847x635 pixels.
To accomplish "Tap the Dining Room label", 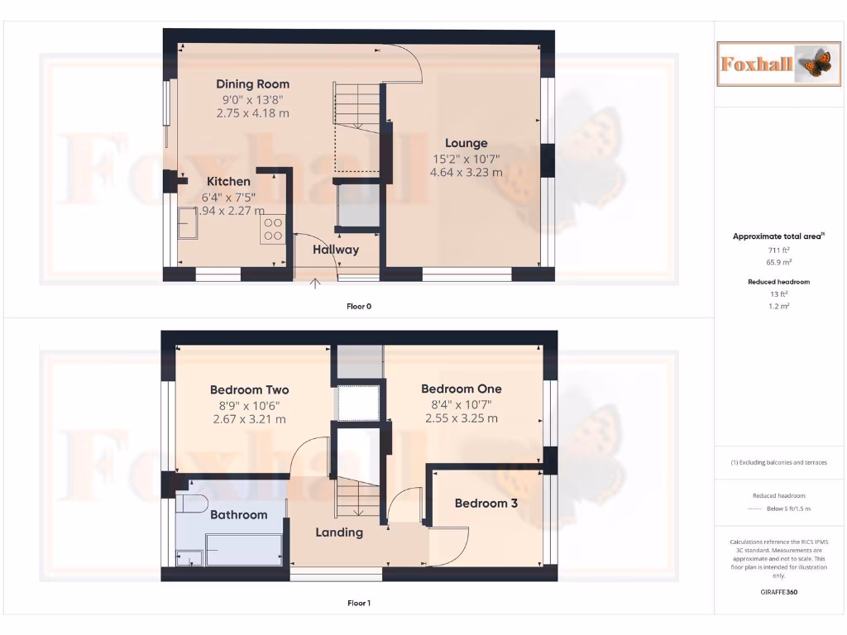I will pyautogui.click(x=252, y=84).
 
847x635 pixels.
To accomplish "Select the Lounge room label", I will pyautogui.click(x=466, y=143).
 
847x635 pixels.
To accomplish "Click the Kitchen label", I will pyautogui.click(x=228, y=182).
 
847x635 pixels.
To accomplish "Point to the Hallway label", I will pyautogui.click(x=335, y=249).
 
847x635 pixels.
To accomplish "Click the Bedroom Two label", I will pyautogui.click(x=249, y=389).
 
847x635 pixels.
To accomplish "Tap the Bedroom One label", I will pyautogui.click(x=461, y=389).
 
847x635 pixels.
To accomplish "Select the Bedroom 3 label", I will pyautogui.click(x=486, y=503).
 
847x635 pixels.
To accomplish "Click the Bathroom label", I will pyautogui.click(x=238, y=514).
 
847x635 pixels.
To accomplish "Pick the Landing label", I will pyautogui.click(x=339, y=532).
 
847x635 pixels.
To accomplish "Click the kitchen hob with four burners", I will pyautogui.click(x=273, y=229).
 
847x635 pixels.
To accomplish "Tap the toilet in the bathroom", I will pyautogui.click(x=194, y=503).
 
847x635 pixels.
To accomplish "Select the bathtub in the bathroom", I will pyautogui.click(x=242, y=548).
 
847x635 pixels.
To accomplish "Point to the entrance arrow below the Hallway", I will pyautogui.click(x=315, y=285).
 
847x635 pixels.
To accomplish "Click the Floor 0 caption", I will pyautogui.click(x=359, y=306).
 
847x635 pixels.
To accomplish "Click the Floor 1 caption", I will pyautogui.click(x=359, y=604).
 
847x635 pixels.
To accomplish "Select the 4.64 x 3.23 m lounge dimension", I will pyautogui.click(x=466, y=173).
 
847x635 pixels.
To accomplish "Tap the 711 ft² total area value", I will pyautogui.click(x=778, y=249).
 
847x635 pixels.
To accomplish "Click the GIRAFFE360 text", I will pyautogui.click(x=778, y=592).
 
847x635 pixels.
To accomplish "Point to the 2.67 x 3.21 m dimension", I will pyautogui.click(x=249, y=419).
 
